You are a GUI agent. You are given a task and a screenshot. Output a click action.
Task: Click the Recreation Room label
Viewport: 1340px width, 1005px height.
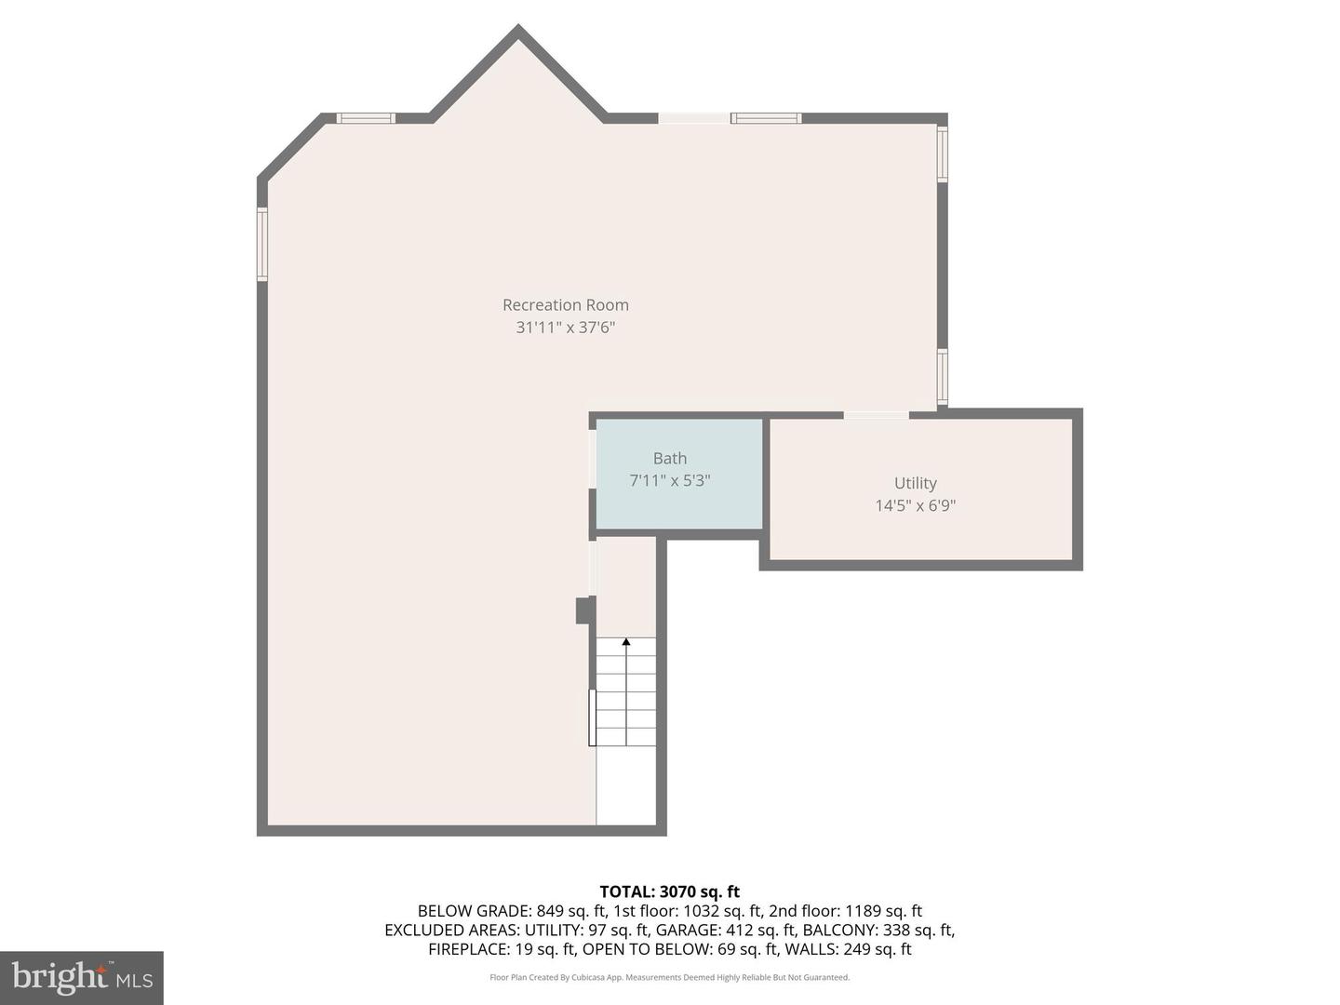(x=565, y=305)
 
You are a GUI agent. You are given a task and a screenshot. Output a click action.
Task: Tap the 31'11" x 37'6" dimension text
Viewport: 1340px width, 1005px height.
(x=565, y=328)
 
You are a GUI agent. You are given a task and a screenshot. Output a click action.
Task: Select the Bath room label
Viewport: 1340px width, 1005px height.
(x=669, y=458)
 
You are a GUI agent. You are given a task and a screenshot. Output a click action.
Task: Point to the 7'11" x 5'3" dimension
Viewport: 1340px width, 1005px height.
(x=669, y=481)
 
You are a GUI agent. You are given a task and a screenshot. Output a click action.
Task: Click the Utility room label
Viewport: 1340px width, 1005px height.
(x=915, y=483)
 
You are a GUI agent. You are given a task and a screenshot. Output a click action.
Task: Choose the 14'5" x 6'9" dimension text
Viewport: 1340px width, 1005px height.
(x=915, y=505)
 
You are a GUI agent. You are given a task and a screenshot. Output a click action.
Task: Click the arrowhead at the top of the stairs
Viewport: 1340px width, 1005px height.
(x=626, y=642)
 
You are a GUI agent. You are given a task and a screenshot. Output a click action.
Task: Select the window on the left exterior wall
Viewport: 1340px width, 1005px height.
(x=262, y=245)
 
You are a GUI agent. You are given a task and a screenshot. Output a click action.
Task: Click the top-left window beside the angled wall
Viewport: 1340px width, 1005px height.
(x=366, y=118)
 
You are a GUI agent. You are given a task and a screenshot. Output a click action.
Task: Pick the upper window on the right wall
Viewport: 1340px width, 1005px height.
(x=942, y=154)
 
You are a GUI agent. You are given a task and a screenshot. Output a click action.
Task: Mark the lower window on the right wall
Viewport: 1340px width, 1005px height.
(x=942, y=377)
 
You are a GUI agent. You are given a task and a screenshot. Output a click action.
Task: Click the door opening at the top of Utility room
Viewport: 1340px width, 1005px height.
(x=876, y=414)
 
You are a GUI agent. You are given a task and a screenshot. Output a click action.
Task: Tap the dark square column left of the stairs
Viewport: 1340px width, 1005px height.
(x=584, y=610)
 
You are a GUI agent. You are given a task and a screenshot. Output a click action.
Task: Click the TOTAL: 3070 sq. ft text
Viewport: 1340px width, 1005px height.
(x=669, y=891)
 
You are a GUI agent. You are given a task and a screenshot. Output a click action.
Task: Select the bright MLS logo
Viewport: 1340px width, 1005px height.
(x=82, y=977)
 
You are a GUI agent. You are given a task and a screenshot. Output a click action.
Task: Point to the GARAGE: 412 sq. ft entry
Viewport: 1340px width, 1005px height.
(x=723, y=930)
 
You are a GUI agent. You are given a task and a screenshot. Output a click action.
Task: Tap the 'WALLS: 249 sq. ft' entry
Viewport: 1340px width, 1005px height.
(x=848, y=949)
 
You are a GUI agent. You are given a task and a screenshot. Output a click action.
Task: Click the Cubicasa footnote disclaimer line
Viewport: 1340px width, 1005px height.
(x=669, y=977)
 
